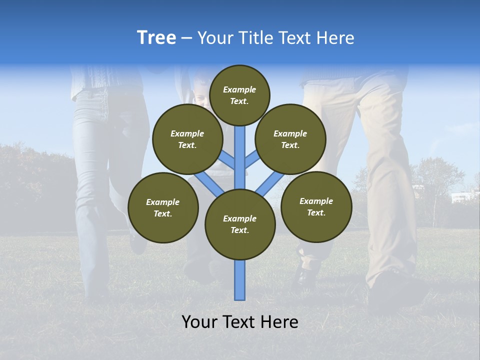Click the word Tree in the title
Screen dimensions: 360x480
click(156, 38)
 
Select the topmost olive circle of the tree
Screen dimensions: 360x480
click(239, 95)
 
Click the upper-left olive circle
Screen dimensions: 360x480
click(187, 139)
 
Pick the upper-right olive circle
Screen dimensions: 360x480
click(290, 139)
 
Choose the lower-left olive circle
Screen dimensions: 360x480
click(163, 207)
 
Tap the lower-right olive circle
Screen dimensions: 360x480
click(316, 206)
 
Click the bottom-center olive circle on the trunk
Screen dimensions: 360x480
click(240, 224)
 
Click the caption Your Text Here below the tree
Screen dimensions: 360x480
click(240, 322)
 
